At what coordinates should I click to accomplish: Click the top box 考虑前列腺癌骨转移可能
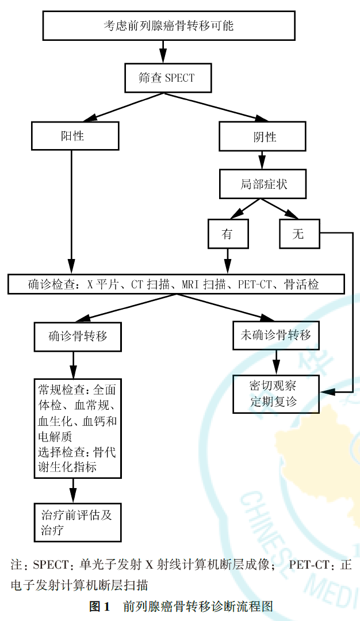(x=168, y=26)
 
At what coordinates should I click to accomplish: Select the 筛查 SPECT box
(x=167, y=78)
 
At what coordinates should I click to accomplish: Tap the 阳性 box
(x=75, y=136)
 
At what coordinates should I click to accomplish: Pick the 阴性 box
(x=262, y=136)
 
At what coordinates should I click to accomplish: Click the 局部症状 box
(x=262, y=185)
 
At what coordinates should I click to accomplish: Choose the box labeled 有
(x=228, y=234)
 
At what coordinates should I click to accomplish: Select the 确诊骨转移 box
(x=78, y=336)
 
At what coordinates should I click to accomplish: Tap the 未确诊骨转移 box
(x=276, y=335)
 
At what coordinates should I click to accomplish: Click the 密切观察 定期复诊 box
(x=276, y=394)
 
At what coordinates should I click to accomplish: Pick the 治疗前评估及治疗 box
(x=78, y=522)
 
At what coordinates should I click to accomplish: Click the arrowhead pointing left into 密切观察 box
(x=325, y=392)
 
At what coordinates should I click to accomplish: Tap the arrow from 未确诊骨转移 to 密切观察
(x=276, y=363)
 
